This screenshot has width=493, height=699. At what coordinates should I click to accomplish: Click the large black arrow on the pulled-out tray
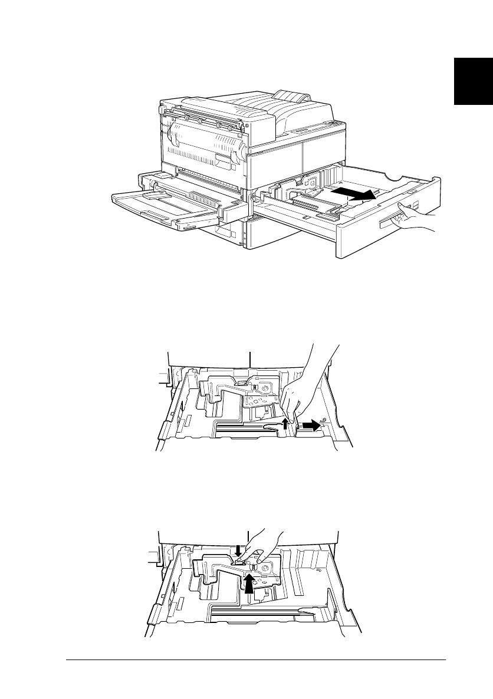pos(353,194)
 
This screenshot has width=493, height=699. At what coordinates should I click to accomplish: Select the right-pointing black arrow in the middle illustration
pos(310,424)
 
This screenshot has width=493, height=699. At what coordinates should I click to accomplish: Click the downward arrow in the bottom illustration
pos(238,550)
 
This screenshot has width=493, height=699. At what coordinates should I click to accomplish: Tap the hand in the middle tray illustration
pos(301,389)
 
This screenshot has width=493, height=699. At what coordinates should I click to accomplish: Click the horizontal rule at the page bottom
pos(256,660)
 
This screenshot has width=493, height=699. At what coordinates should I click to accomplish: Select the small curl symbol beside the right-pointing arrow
pos(323,421)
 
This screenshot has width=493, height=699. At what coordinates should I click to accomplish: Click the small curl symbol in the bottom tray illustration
pos(318,570)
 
